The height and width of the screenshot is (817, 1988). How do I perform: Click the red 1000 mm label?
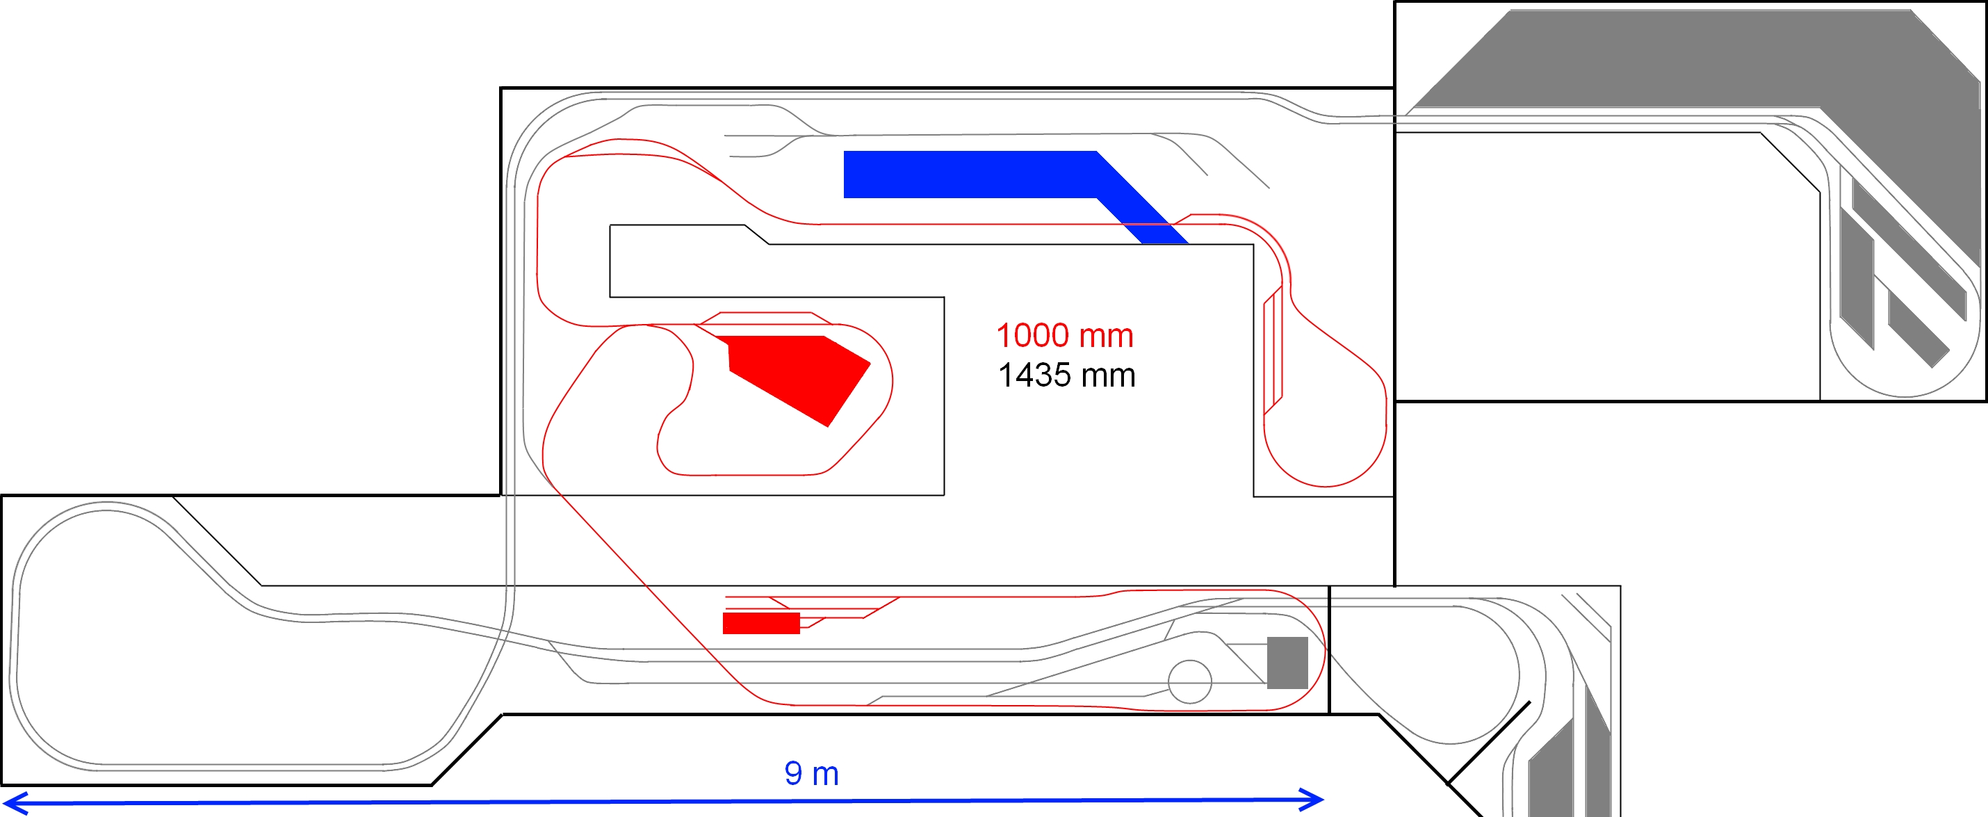[x=1065, y=336]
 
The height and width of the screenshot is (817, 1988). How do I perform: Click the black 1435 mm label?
[x=1066, y=375]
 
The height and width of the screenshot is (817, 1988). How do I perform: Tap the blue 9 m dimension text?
[x=811, y=774]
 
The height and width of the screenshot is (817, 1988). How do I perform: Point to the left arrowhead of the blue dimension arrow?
[x=15, y=803]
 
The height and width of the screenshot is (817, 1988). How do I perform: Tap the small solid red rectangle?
[x=761, y=623]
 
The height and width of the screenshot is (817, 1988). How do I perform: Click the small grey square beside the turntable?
[x=1287, y=663]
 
